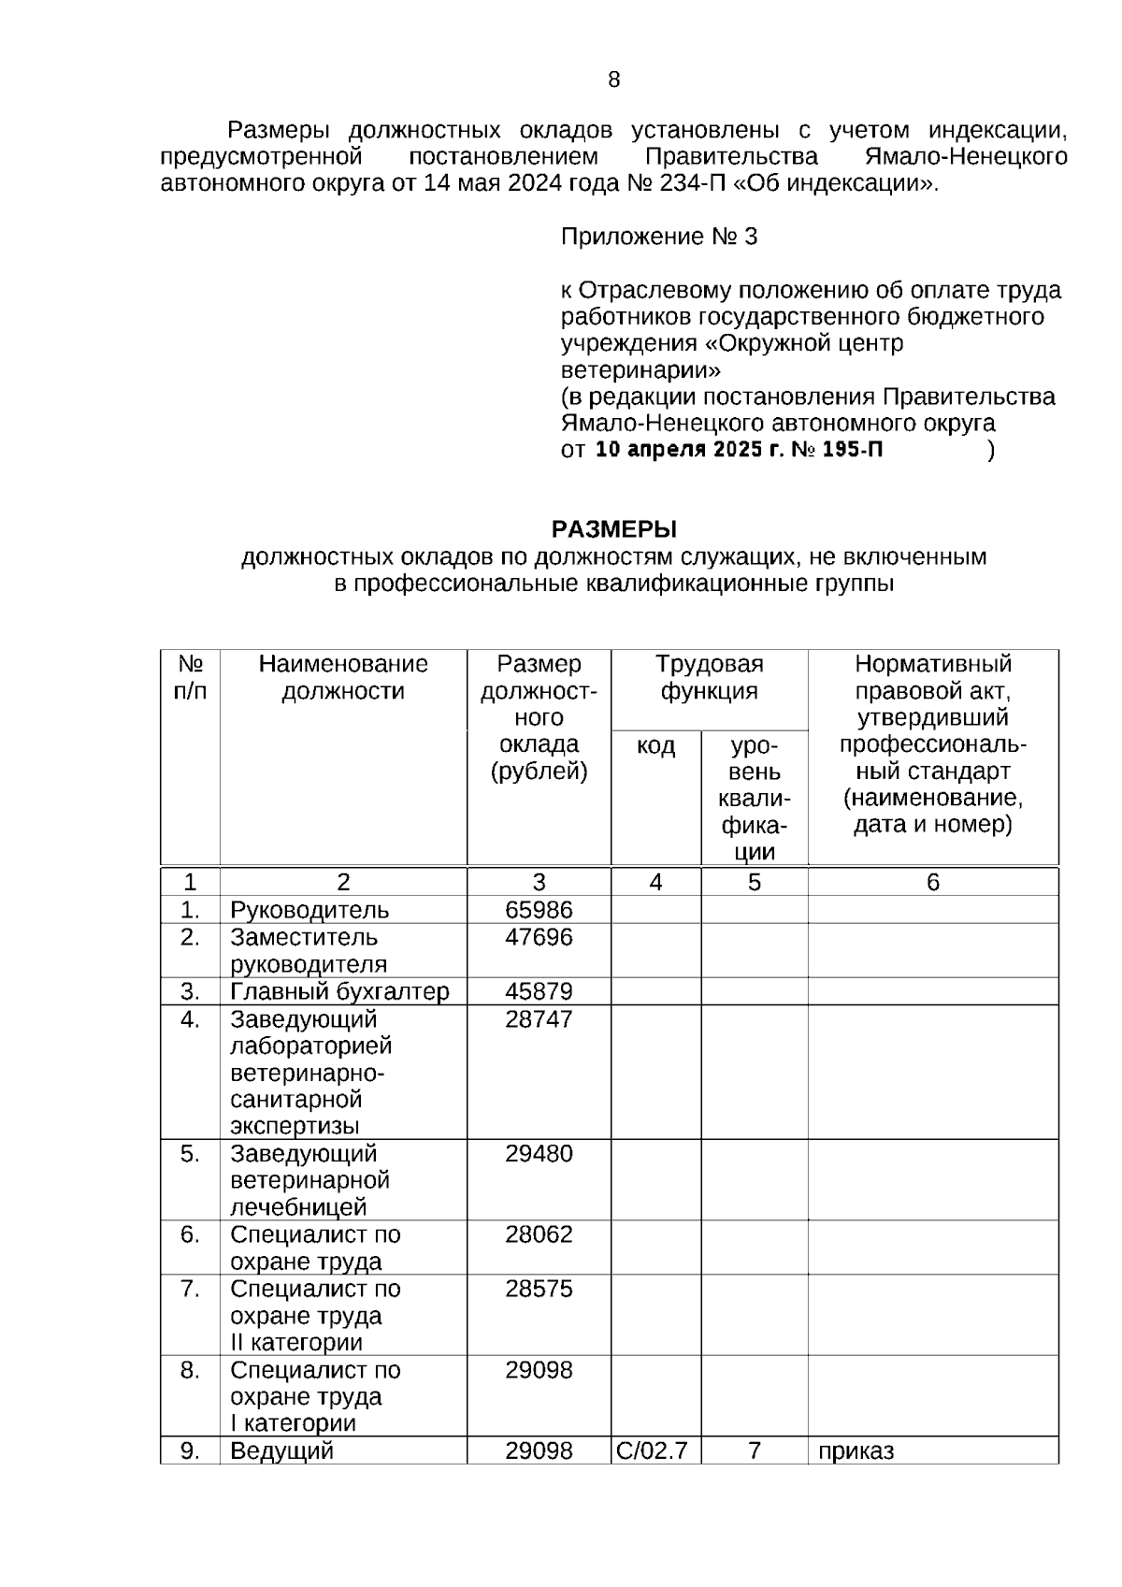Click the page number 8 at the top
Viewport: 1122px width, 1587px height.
[613, 79]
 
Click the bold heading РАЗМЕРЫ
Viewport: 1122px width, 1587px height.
[613, 529]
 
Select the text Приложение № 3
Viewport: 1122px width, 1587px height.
[658, 237]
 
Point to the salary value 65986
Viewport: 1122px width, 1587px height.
[539, 910]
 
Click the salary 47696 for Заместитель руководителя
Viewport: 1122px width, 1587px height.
[539, 937]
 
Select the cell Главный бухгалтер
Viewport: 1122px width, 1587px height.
[339, 991]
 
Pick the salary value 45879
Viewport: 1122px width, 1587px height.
[539, 991]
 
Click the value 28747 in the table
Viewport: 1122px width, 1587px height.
[539, 1018]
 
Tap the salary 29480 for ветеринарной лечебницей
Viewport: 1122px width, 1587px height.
[539, 1153]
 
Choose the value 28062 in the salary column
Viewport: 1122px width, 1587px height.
[539, 1234]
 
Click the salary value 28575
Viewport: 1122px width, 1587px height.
[539, 1289]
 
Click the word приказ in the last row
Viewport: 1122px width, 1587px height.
[856, 1450]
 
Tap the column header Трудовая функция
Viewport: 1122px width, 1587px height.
[709, 677]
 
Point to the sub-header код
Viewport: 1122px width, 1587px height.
[655, 745]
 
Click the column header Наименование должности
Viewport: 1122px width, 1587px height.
[343, 677]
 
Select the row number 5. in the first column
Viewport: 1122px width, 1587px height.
[190, 1153]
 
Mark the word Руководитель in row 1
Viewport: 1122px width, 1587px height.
[309, 910]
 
